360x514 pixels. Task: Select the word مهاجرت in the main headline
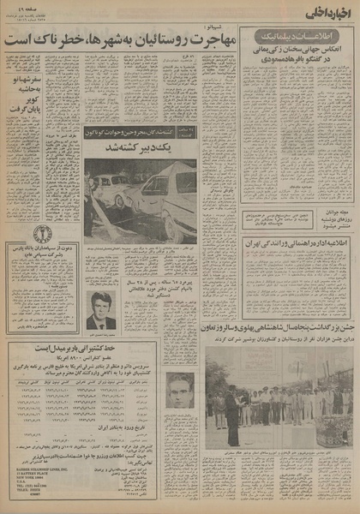(201, 38)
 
